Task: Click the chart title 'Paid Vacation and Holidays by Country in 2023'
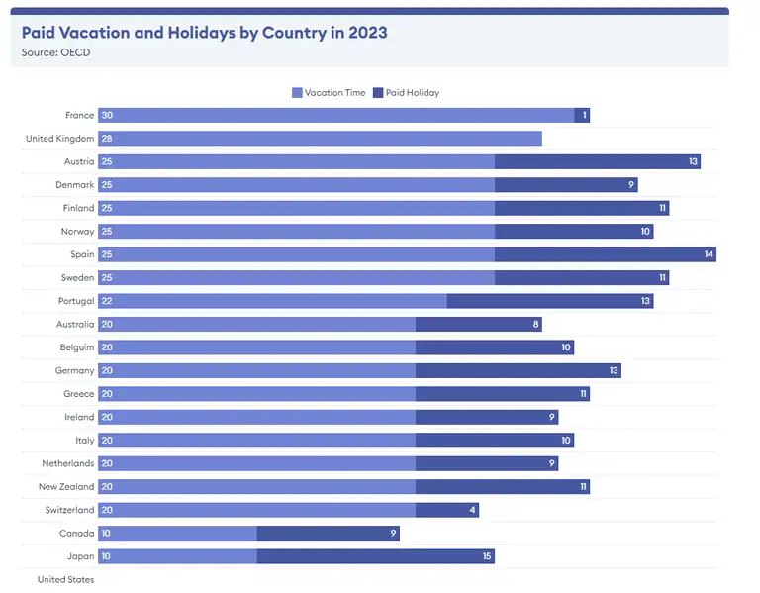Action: pyautogui.click(x=205, y=32)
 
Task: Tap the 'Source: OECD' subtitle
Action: pyautogui.click(x=56, y=51)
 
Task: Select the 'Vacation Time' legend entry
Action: pyautogui.click(x=329, y=93)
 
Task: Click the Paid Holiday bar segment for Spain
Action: pyautogui.click(x=605, y=254)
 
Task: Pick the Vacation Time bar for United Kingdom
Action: pyautogui.click(x=320, y=139)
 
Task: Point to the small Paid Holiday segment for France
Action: pyautogui.click(x=582, y=116)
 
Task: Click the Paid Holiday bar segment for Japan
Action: pyautogui.click(x=375, y=556)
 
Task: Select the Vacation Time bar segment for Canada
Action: pyautogui.click(x=177, y=534)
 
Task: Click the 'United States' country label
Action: pyautogui.click(x=65, y=580)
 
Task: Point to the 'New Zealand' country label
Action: pyautogui.click(x=66, y=487)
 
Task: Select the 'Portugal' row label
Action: pyautogui.click(x=76, y=301)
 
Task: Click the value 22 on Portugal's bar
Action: pyautogui.click(x=107, y=301)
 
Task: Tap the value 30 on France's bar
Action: pyautogui.click(x=107, y=116)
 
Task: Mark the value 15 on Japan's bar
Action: pyautogui.click(x=487, y=556)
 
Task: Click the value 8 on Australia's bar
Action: pyautogui.click(x=535, y=325)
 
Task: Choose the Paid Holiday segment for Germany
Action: pyautogui.click(x=518, y=371)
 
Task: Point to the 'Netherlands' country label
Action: pyautogui.click(x=67, y=463)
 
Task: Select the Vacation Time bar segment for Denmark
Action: pyautogui.click(x=296, y=185)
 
